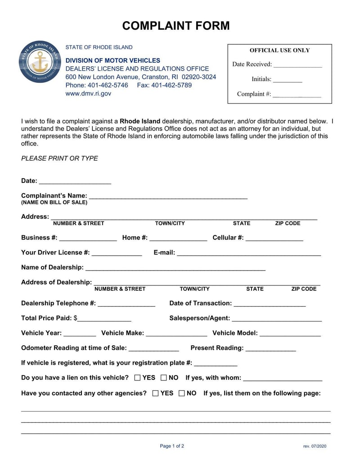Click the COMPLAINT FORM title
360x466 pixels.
176,26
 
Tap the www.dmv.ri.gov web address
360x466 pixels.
88,94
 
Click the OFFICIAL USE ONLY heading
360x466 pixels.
279,50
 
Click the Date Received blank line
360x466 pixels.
297,65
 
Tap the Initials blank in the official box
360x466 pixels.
288,80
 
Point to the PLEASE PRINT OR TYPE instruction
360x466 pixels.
59,158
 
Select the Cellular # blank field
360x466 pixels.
274,238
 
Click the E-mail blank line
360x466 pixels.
248,253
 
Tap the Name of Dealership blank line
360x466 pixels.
175,268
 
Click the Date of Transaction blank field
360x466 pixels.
270,304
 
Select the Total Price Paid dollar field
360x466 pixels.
104,319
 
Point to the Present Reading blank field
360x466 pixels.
270,348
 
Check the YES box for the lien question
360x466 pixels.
138,378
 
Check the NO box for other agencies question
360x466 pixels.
182,393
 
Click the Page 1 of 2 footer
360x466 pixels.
172,446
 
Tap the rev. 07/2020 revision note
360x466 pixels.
315,446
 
